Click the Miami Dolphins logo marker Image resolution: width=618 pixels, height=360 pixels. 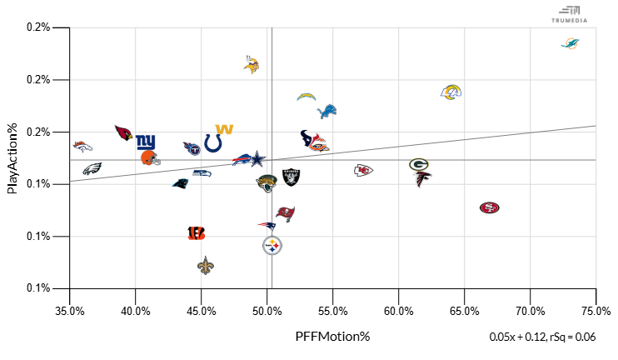pyautogui.click(x=571, y=43)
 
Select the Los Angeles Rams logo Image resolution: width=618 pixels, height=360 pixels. pyautogui.click(x=451, y=92)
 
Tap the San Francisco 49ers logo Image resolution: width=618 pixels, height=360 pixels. pyautogui.click(x=490, y=207)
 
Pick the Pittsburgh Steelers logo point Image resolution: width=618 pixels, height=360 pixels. pyautogui.click(x=272, y=245)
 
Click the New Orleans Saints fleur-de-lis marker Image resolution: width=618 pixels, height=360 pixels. pyautogui.click(x=206, y=266)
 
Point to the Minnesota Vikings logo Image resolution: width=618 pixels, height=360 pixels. pyautogui.click(x=252, y=64)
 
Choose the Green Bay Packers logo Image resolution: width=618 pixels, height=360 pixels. pyautogui.click(x=419, y=164)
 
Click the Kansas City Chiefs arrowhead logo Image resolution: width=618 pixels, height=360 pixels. pyautogui.click(x=363, y=170)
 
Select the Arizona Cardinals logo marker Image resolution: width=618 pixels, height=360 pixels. pyautogui.click(x=124, y=133)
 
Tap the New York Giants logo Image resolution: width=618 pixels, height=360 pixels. pyautogui.click(x=146, y=142)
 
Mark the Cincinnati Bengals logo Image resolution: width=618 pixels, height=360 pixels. pyautogui.click(x=197, y=233)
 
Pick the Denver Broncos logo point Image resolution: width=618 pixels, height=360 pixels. pyautogui.click(x=82, y=147)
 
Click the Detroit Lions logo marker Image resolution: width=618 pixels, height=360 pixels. pyautogui.click(x=328, y=111)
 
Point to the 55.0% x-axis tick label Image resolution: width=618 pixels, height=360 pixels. pyautogui.click(x=333, y=312)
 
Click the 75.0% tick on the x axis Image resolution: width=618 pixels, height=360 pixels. pyautogui.click(x=596, y=312)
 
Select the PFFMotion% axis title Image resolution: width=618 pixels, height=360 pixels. pyautogui.click(x=332, y=337)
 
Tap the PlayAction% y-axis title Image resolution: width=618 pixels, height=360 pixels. pyautogui.click(x=12, y=157)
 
